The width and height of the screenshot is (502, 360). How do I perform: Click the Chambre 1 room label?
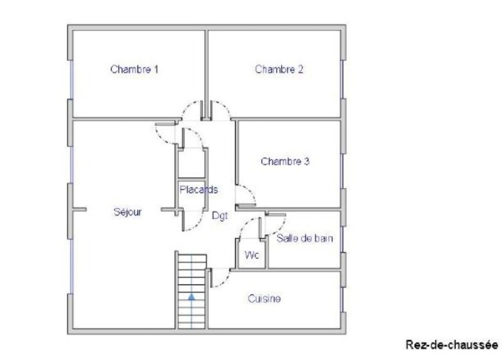click(134, 69)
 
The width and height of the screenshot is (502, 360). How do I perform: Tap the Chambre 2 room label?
click(279, 69)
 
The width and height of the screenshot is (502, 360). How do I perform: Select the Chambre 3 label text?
click(285, 161)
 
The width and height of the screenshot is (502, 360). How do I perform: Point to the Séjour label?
click(128, 212)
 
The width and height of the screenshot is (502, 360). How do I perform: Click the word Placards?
click(199, 190)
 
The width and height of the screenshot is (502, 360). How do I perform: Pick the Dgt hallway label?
click(220, 216)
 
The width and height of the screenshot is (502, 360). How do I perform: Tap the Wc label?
click(251, 255)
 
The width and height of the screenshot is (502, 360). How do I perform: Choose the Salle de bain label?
click(304, 238)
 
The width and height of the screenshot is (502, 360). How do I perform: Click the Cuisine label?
click(264, 298)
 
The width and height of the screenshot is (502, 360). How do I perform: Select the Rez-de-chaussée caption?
click(452, 345)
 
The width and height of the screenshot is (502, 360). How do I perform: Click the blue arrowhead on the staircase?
click(192, 297)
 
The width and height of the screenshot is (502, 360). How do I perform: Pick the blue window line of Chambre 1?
click(71, 80)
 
